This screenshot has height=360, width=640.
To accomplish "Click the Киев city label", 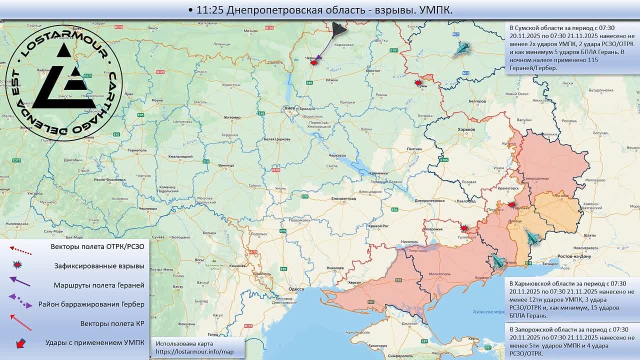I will [x=289, y=107].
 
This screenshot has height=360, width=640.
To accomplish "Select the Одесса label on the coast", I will [x=296, y=288].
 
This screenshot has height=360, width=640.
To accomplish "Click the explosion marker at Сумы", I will [x=418, y=82].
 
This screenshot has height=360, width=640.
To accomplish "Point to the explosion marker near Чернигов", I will [x=314, y=62].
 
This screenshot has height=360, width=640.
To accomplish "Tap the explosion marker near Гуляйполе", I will [x=464, y=228].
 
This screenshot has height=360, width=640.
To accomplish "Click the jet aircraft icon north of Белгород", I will [x=462, y=48].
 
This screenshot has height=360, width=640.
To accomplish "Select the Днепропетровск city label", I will [x=429, y=200].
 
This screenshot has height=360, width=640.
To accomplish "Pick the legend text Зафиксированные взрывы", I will [x=99, y=266].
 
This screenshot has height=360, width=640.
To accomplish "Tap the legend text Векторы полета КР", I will [x=112, y=323].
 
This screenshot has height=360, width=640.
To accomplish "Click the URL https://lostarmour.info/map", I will [x=194, y=352].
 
